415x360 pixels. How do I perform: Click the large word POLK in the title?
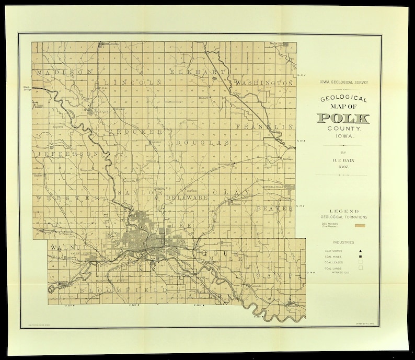[343, 118]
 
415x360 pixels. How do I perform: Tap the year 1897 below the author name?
[343, 167]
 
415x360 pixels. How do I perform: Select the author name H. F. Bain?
[343, 160]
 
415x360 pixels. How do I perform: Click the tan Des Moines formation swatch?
[359, 226]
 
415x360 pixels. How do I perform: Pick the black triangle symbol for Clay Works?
[360, 251]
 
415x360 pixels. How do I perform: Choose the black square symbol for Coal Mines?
[360, 257]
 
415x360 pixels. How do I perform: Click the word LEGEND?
[343, 211]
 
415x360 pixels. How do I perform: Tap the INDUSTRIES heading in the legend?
[343, 242]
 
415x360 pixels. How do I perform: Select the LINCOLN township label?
[132, 83]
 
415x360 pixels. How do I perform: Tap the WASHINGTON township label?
[264, 83]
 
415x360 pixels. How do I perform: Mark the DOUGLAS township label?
[202, 143]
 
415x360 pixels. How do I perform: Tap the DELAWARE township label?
[188, 198]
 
